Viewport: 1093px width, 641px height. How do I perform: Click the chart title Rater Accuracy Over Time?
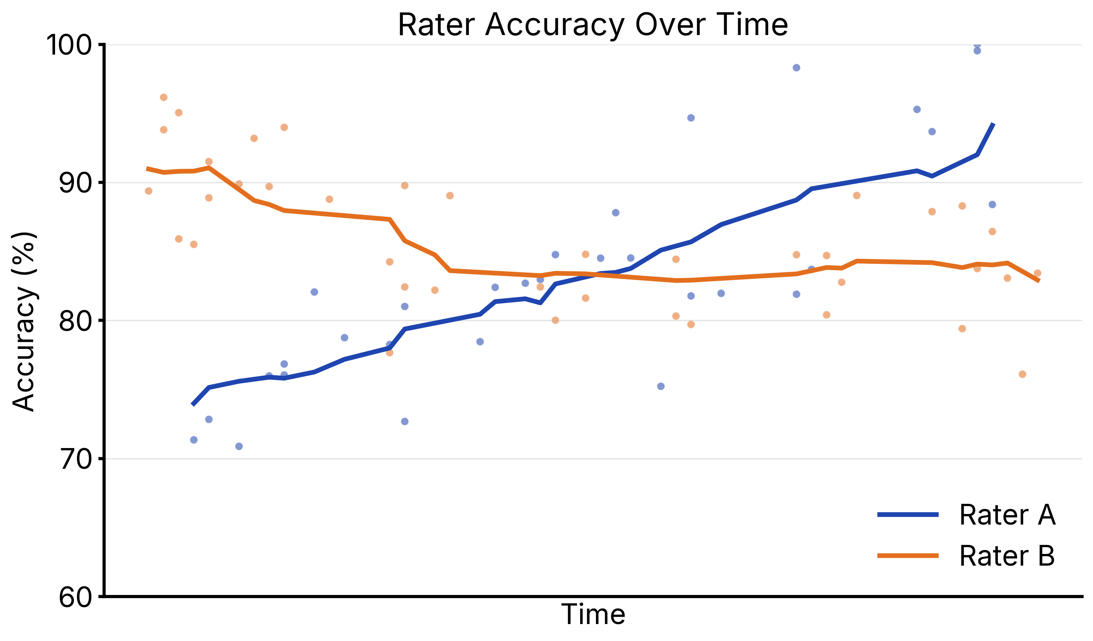pos(593,25)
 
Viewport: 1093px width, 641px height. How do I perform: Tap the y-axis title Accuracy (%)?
pos(24,321)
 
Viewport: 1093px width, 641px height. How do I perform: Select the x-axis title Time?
pos(593,614)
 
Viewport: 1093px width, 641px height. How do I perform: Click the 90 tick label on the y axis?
pos(75,183)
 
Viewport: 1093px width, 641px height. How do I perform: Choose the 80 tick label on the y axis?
pos(75,321)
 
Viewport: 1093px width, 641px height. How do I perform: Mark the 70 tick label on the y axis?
pos(75,459)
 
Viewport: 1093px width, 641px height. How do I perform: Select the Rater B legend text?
pos(1007,556)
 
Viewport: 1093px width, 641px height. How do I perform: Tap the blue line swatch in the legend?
pos(908,515)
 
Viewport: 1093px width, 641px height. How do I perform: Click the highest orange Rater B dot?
pos(164,98)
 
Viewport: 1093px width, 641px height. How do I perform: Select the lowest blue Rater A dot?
pos(239,447)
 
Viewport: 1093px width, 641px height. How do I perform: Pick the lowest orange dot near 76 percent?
pos(1022,375)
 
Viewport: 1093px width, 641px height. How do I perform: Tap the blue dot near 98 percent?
pos(796,67)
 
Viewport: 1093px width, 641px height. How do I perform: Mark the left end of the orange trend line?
pos(147,168)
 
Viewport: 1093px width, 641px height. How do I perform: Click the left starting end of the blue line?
pos(193,405)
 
